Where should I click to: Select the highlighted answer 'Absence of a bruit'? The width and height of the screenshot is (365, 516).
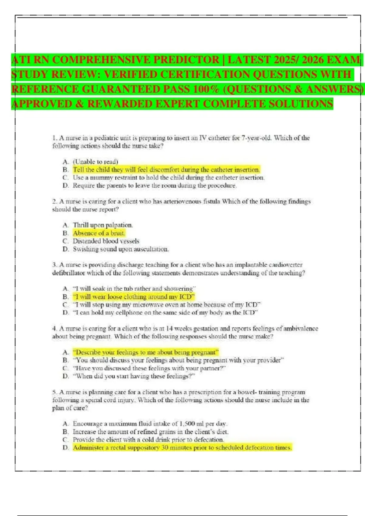(x=99, y=233)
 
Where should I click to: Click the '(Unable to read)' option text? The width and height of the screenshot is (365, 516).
(x=95, y=161)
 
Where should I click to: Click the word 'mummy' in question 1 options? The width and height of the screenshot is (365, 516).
(x=101, y=178)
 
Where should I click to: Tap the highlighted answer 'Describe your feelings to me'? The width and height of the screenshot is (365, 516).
(x=145, y=352)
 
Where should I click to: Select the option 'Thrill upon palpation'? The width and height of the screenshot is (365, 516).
(x=103, y=225)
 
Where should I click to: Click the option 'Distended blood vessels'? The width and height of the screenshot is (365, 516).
(x=106, y=241)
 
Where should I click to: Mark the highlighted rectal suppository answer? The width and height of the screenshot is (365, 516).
(x=182, y=448)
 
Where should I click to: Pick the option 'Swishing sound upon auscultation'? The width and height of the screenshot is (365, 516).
(x=120, y=249)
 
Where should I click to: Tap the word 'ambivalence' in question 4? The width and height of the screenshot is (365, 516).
(x=301, y=328)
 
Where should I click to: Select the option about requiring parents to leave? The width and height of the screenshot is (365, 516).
(x=154, y=185)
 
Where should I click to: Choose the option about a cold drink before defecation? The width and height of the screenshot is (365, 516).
(x=148, y=440)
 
